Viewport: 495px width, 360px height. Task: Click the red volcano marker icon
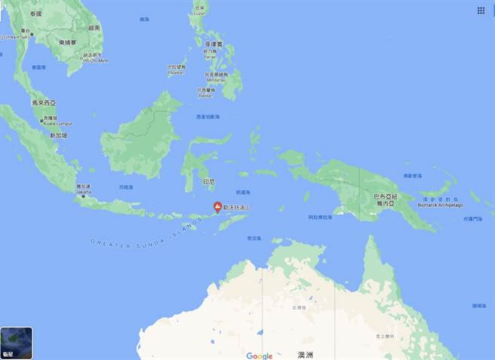click(x=217, y=206)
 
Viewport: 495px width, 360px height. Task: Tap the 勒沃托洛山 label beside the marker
click(x=238, y=206)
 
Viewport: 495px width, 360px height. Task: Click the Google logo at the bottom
click(x=259, y=355)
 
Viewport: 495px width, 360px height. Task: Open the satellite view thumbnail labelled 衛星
click(x=17, y=343)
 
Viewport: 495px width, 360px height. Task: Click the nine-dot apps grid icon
click(x=481, y=11)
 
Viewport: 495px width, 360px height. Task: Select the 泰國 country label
click(x=35, y=14)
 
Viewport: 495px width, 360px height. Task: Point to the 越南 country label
click(x=94, y=27)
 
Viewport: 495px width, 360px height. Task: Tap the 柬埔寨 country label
click(x=69, y=42)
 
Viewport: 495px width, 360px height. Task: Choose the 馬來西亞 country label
click(x=44, y=102)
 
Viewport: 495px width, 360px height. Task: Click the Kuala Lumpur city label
click(x=50, y=122)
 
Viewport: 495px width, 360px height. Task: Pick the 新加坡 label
click(x=58, y=135)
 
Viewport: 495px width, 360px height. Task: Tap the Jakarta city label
click(x=83, y=192)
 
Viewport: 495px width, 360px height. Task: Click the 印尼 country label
click(x=209, y=182)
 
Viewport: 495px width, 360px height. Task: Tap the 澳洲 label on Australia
click(x=305, y=355)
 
